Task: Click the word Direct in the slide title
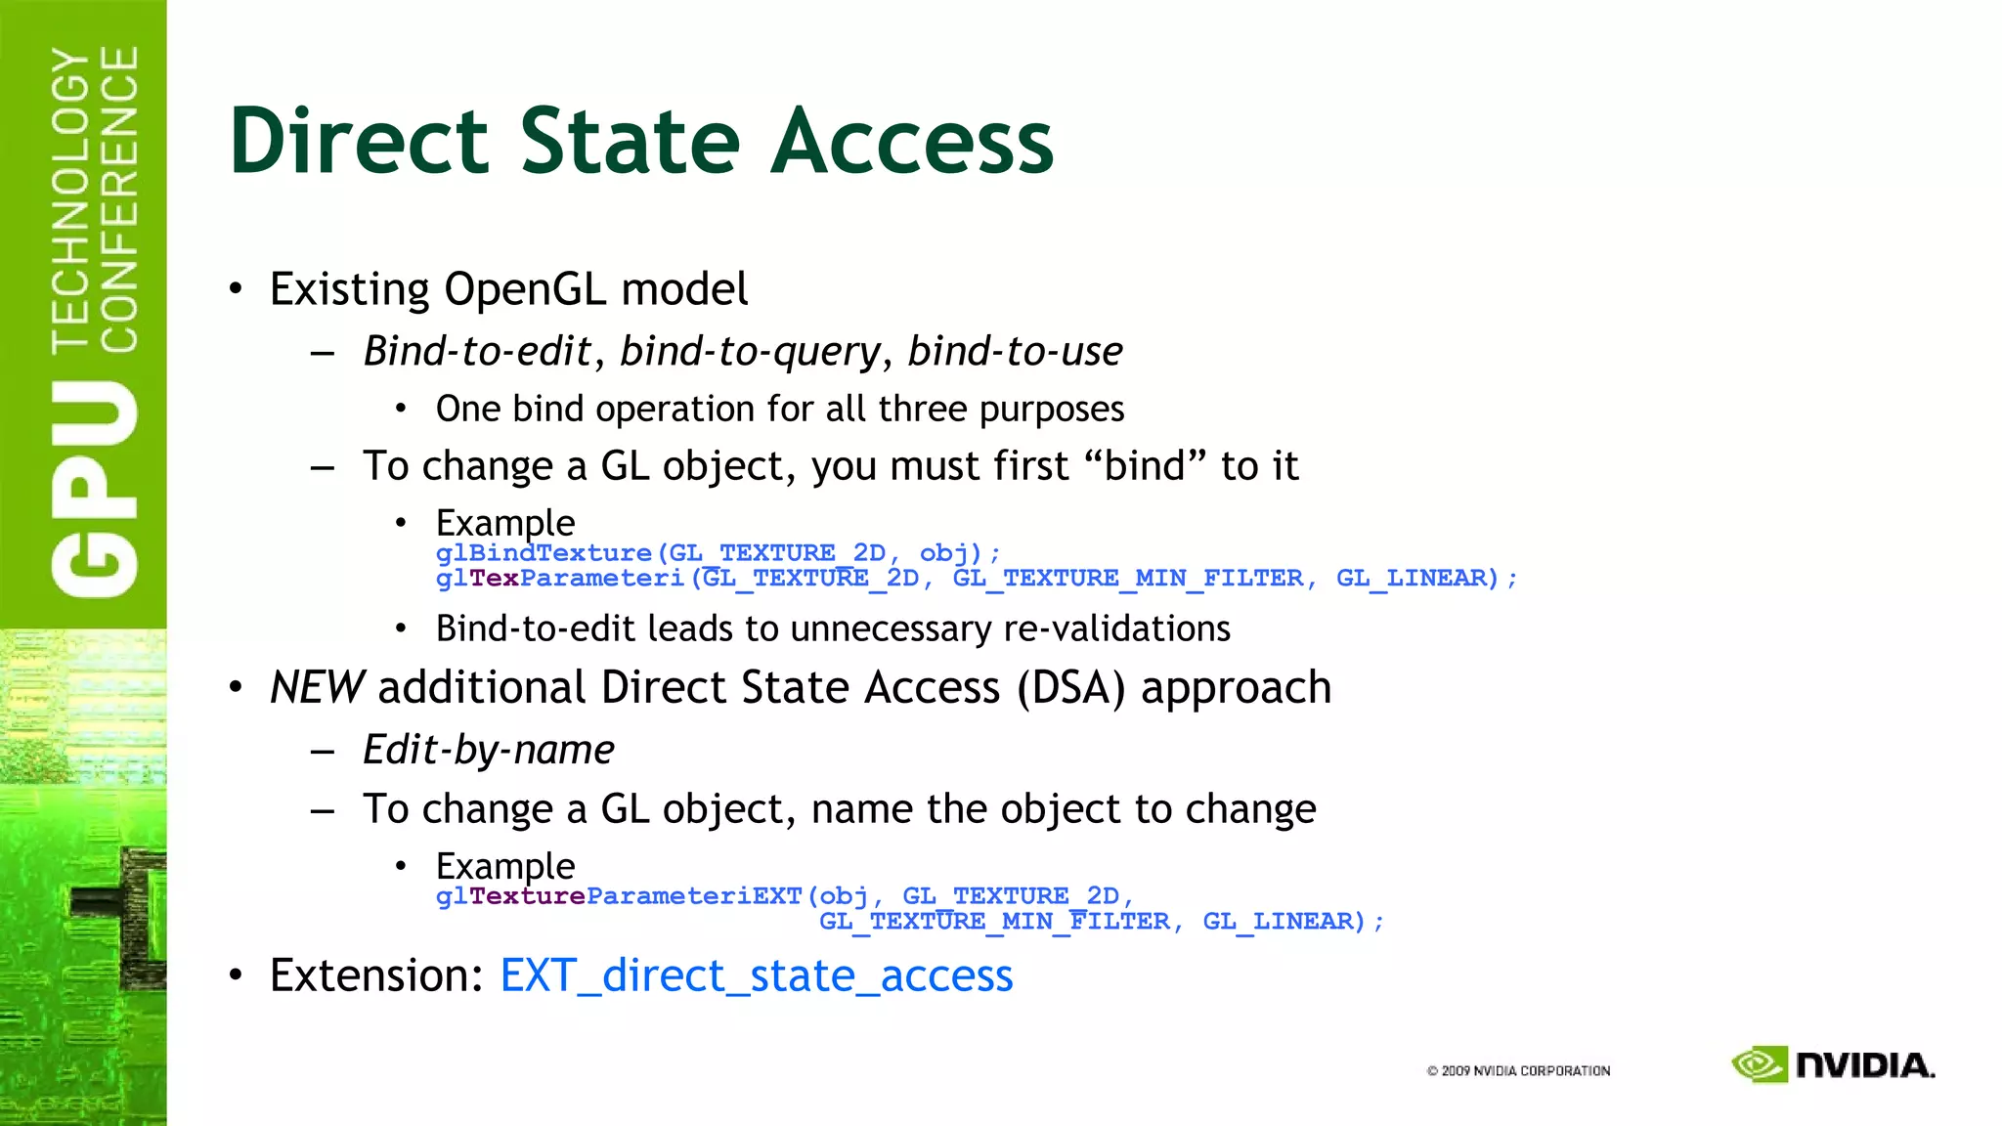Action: tap(358, 142)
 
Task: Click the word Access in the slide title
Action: tap(912, 142)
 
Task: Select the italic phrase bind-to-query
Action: tap(750, 351)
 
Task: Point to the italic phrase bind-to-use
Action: tap(1015, 351)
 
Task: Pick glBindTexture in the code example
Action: tap(544, 553)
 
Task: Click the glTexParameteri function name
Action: tap(560, 579)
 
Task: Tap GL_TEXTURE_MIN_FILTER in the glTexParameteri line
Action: tap(1128, 579)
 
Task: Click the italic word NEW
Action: tap(317, 687)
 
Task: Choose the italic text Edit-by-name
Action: tap(489, 750)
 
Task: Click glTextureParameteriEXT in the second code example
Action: tap(619, 896)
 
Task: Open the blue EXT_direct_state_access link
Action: tap(757, 975)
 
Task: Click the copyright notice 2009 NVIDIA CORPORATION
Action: tap(1518, 1071)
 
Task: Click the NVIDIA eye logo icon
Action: tap(1760, 1064)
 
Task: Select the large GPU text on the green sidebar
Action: tap(95, 489)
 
